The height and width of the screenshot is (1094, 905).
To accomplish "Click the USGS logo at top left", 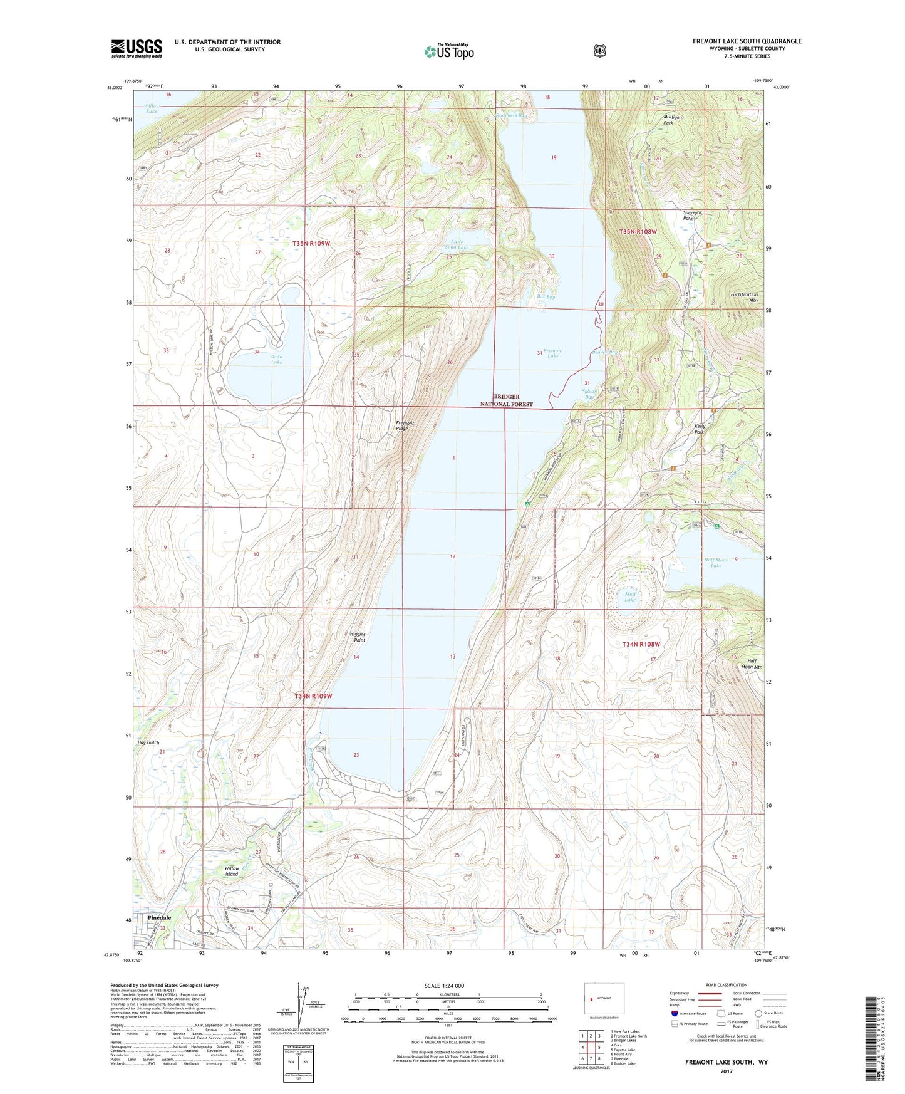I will tap(137, 48).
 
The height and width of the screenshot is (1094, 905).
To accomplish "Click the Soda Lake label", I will tap(276, 359).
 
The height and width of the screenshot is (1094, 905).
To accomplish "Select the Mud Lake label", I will tap(629, 596).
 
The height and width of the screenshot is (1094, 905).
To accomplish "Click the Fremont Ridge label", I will tap(405, 426).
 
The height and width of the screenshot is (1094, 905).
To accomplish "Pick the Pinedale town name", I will tap(159, 918).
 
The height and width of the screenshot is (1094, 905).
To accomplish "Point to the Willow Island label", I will tap(232, 871).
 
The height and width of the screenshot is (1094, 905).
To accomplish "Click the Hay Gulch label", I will tap(148, 742).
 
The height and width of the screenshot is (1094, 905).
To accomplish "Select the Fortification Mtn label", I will tap(744, 297).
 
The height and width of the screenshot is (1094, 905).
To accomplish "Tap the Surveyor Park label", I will tap(692, 215).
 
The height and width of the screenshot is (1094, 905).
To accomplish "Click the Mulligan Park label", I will tap(673, 120).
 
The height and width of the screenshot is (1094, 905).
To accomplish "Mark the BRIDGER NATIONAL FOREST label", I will tap(506, 400).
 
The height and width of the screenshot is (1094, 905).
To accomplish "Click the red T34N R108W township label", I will tap(641, 644).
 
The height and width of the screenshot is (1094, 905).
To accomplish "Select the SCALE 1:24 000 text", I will tap(444, 986).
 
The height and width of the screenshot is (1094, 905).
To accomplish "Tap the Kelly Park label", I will tap(700, 429).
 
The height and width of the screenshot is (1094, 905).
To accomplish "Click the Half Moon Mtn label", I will tap(755, 664).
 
